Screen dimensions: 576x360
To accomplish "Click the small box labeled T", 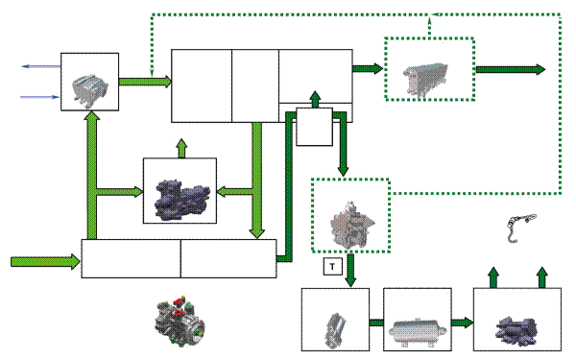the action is (332, 266).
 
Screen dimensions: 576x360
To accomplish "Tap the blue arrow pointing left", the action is (40, 66).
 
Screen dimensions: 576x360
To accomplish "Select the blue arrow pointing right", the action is (39, 97).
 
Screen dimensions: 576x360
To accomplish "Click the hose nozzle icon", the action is (521, 228).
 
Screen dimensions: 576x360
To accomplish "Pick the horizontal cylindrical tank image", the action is (418, 331).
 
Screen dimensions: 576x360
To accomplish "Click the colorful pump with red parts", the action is (180, 322).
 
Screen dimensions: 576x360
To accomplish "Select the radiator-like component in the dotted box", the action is (426, 80).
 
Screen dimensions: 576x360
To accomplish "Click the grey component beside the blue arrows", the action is (89, 91).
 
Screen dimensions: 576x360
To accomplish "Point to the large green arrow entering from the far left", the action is (45, 262).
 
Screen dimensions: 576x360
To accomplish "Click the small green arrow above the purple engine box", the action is (181, 149).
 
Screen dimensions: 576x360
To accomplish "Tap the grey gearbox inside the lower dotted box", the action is (351, 224).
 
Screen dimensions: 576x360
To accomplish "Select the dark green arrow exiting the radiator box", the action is (511, 69).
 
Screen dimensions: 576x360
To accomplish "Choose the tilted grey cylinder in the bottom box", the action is (335, 330).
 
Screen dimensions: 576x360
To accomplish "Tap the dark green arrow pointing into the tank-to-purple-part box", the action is (462, 323).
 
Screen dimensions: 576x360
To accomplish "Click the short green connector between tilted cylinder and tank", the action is (376, 323).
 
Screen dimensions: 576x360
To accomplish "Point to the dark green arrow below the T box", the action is (350, 271).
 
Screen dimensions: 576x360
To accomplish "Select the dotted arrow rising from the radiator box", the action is (429, 26).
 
